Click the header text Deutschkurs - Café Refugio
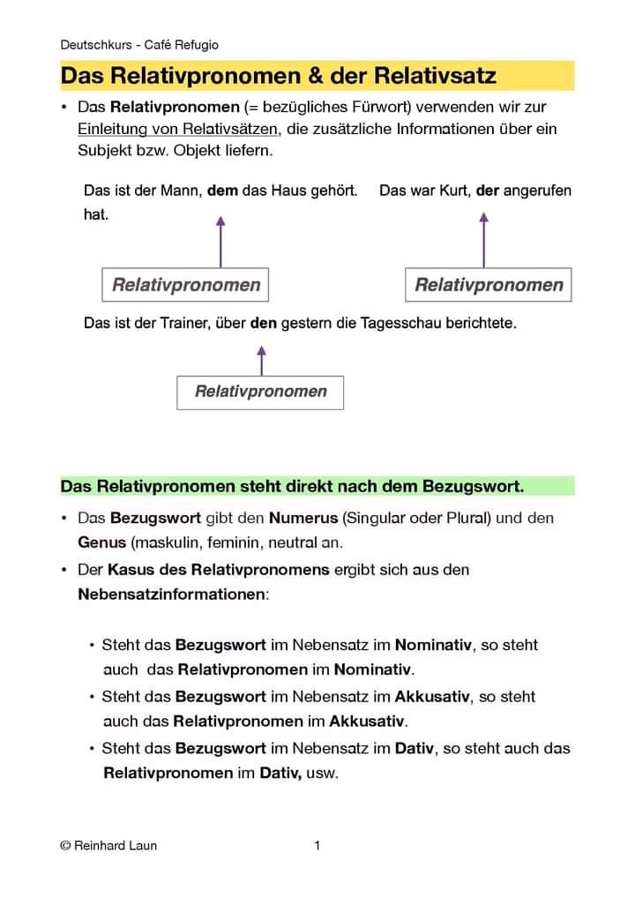(x=139, y=45)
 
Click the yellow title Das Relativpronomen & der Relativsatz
(x=278, y=76)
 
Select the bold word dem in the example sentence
(x=222, y=191)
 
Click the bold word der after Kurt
(x=488, y=191)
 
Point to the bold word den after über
(x=264, y=324)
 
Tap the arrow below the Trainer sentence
(x=261, y=360)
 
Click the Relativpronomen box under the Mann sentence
(x=186, y=285)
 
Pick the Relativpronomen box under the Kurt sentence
(x=489, y=285)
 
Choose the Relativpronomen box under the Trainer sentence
(x=260, y=392)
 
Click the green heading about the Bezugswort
(x=292, y=486)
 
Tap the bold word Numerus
(x=303, y=518)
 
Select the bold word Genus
(x=101, y=542)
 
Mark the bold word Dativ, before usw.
(x=280, y=774)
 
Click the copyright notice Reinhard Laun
(x=108, y=846)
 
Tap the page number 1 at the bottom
(x=317, y=846)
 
